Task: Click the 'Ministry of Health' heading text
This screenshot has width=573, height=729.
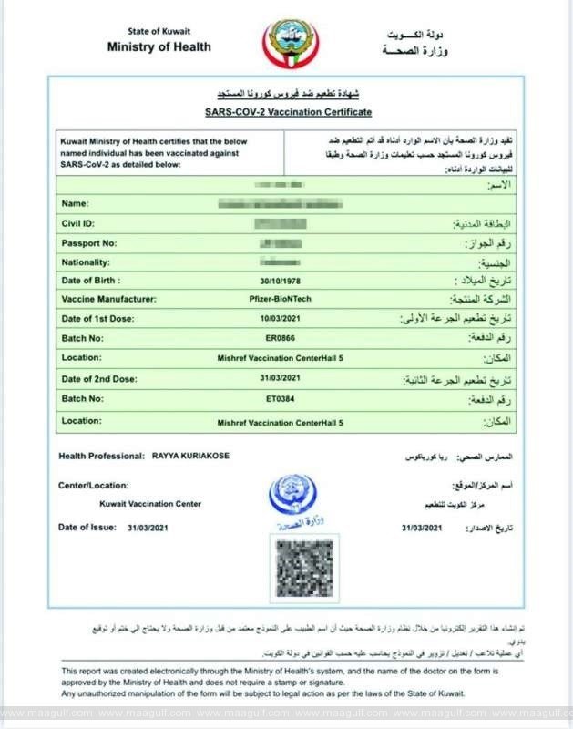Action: click(x=159, y=47)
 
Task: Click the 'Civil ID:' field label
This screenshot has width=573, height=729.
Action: click(x=77, y=222)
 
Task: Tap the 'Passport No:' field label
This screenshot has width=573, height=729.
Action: click(x=87, y=242)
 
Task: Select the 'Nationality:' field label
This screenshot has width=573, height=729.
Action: click(x=86, y=262)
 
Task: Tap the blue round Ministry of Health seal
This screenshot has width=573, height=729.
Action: click(x=292, y=496)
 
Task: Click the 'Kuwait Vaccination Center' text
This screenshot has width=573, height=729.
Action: click(x=150, y=504)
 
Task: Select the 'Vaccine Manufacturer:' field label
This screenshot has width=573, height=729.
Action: click(x=108, y=300)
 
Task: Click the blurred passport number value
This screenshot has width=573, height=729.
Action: click(x=280, y=242)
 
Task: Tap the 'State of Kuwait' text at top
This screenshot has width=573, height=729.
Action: click(x=159, y=31)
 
